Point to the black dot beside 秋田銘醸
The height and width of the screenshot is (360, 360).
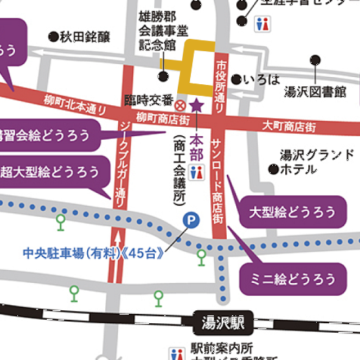click(53, 35)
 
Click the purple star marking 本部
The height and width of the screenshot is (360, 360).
click(198, 106)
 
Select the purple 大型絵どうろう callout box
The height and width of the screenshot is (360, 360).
click(292, 212)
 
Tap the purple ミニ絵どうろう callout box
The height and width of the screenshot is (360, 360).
click(292, 278)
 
